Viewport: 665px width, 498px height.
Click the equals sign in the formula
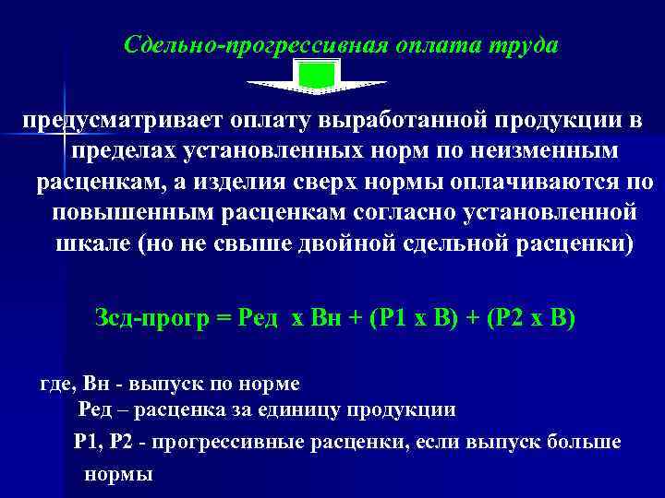point(222,319)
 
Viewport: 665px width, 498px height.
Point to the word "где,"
point(60,381)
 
